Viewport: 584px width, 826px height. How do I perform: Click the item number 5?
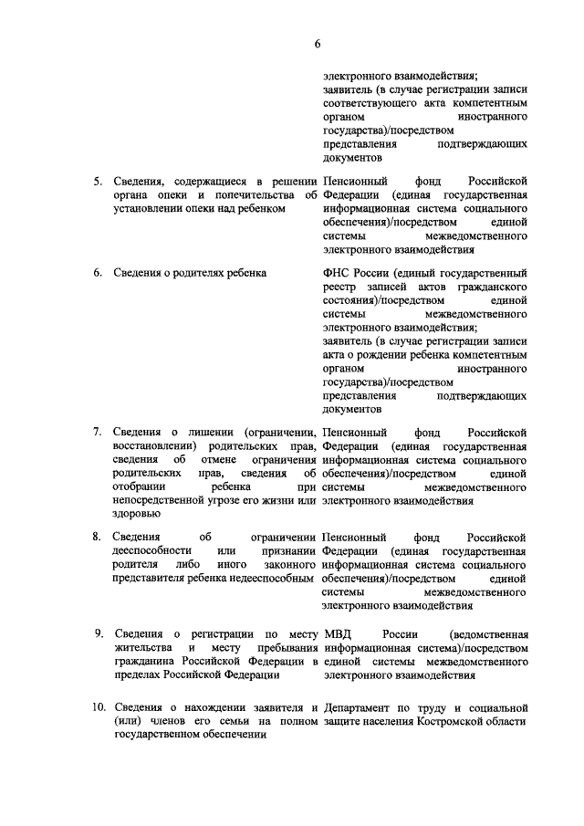coord(99,181)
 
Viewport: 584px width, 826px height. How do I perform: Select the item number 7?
coord(99,431)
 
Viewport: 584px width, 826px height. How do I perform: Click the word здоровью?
coord(135,514)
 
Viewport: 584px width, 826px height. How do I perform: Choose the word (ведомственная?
coord(489,633)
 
